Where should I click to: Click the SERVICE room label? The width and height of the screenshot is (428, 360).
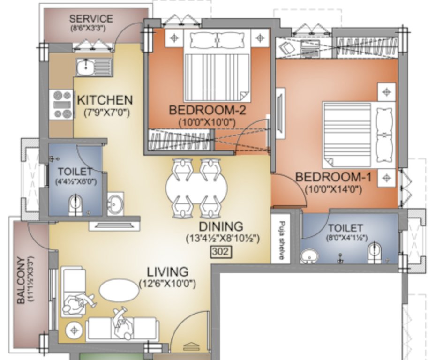[x=91, y=19]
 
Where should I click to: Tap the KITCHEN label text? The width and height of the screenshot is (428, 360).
[x=105, y=100]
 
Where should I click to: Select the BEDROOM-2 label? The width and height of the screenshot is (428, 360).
[x=207, y=111]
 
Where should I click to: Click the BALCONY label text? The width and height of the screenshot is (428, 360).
[x=21, y=280]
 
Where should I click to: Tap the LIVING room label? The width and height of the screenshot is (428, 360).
[x=167, y=271]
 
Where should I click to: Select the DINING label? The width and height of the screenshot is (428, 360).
[x=220, y=226]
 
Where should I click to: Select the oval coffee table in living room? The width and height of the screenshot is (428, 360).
[x=119, y=290]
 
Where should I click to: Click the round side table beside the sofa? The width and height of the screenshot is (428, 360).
[x=74, y=330]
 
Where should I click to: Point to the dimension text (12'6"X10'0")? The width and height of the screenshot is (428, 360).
[x=167, y=284]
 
